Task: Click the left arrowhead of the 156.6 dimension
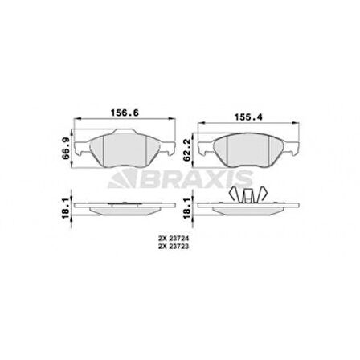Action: pyautogui.click(x=76, y=123)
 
